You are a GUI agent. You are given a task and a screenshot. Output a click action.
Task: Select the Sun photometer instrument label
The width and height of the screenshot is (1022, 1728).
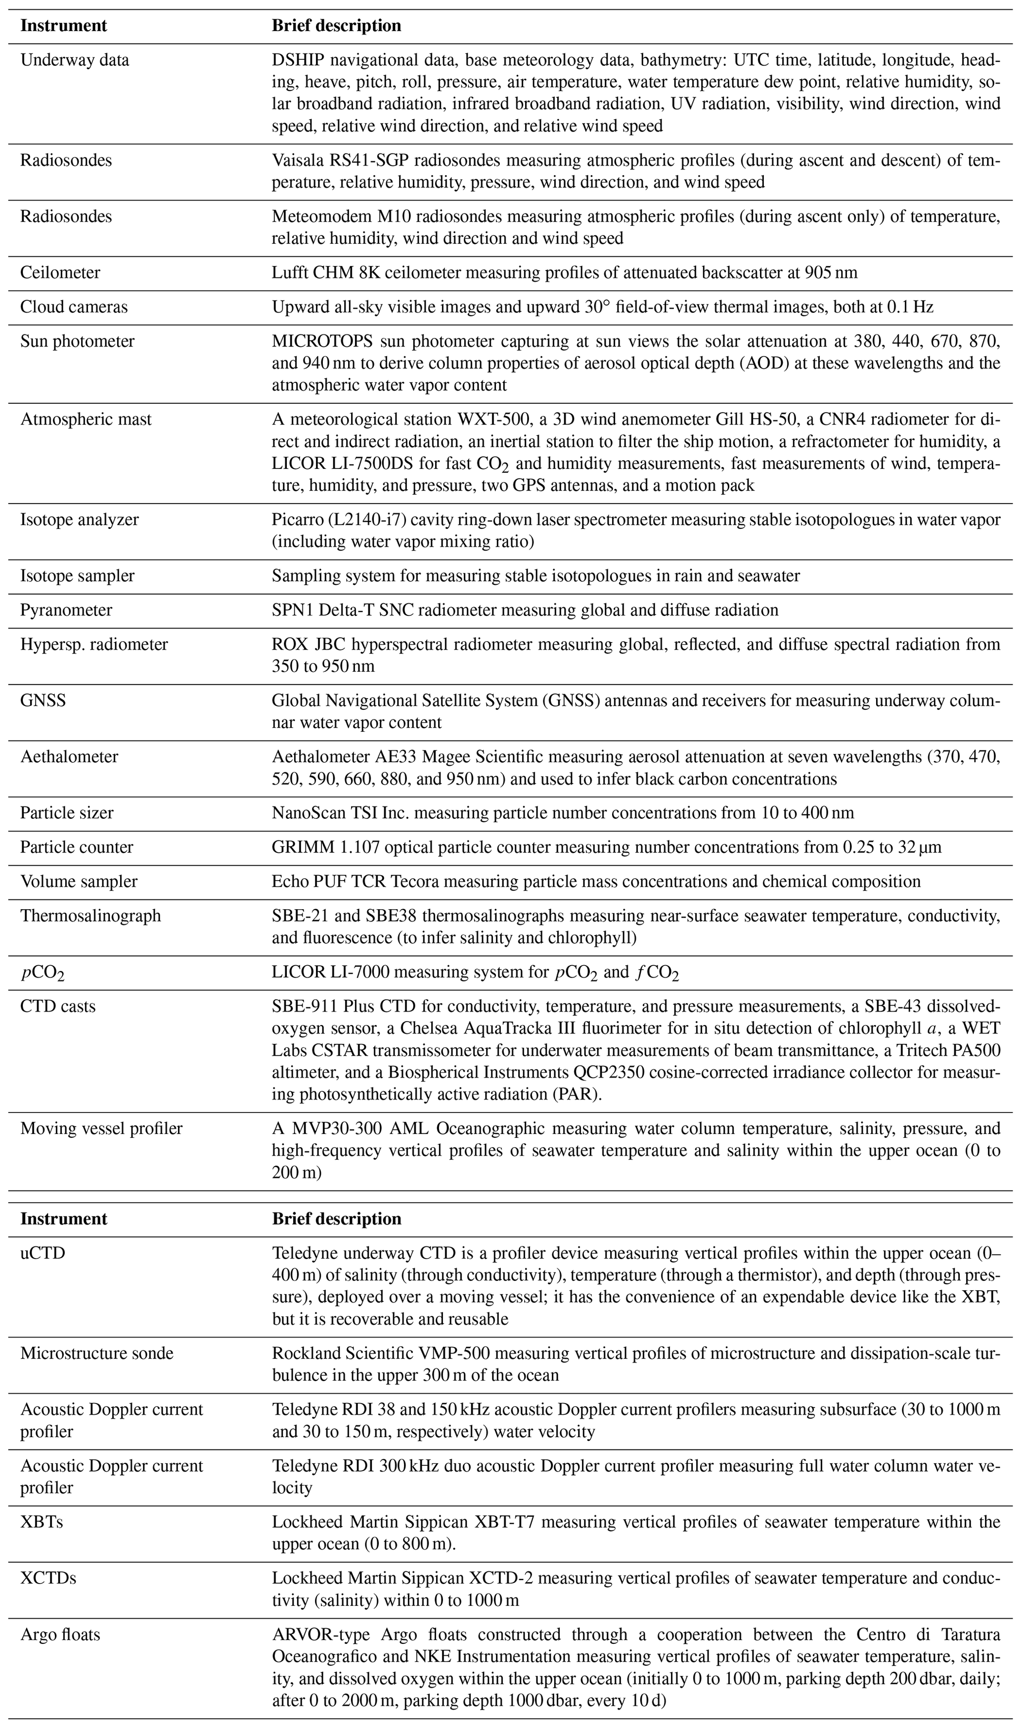click(x=77, y=341)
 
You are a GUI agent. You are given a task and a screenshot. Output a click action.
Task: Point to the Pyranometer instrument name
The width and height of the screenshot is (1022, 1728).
click(x=66, y=610)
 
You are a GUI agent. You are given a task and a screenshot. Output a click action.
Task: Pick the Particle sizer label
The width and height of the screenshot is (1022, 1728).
click(x=67, y=813)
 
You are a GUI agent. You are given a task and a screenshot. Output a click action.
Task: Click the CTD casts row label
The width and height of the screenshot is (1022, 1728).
click(x=58, y=1007)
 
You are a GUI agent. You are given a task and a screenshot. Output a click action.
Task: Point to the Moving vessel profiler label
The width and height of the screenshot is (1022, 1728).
click(x=101, y=1128)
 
